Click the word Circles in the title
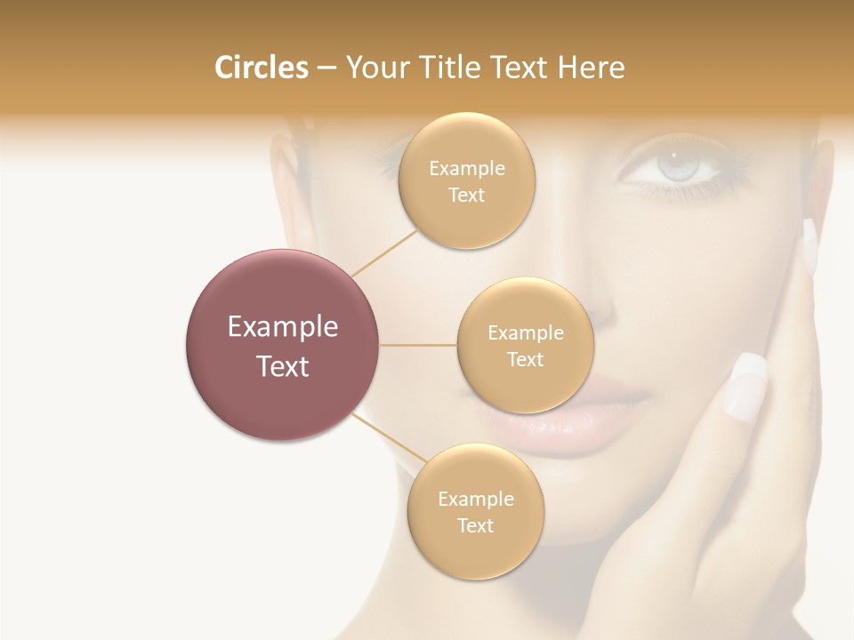tap(261, 68)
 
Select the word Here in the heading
tap(591, 68)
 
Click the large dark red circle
tap(282, 345)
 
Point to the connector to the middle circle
tap(417, 345)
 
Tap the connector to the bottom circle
tap(387, 441)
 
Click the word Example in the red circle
tap(282, 327)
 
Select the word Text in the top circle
tap(466, 196)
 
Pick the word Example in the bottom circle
tap(475, 499)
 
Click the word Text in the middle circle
tap(525, 360)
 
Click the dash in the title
tap(326, 68)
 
